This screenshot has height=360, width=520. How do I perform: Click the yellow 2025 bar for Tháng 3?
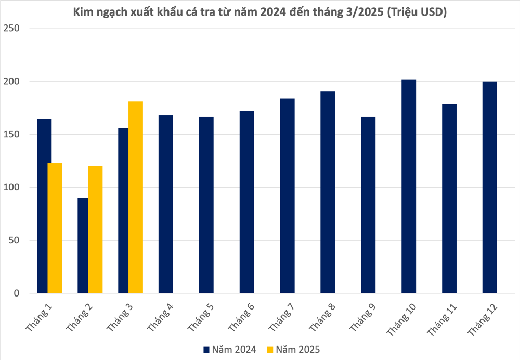click(136, 197)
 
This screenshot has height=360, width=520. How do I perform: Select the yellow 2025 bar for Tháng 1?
click(55, 228)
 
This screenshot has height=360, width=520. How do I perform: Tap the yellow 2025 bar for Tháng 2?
click(95, 229)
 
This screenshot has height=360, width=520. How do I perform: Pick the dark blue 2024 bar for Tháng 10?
click(409, 186)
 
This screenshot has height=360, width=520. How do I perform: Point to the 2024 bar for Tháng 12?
click(489, 187)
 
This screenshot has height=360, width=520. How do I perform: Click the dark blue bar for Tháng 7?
click(287, 196)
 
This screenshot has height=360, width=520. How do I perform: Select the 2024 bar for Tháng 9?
click(368, 205)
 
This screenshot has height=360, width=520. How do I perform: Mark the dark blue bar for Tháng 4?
click(166, 204)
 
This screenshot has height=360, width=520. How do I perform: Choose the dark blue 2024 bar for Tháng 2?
click(83, 246)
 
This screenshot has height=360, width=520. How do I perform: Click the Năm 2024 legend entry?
click(230, 350)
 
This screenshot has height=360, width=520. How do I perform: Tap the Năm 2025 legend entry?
click(293, 350)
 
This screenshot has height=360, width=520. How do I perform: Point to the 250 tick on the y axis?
click(11, 28)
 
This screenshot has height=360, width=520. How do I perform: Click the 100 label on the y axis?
click(11, 187)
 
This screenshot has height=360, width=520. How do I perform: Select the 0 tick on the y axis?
click(16, 293)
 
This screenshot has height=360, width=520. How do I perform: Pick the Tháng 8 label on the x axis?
click(322, 317)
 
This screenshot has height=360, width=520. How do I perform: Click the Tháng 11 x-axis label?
click(441, 319)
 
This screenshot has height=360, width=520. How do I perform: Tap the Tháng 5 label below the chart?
click(201, 317)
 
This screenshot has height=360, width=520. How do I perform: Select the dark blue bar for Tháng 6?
click(246, 202)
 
